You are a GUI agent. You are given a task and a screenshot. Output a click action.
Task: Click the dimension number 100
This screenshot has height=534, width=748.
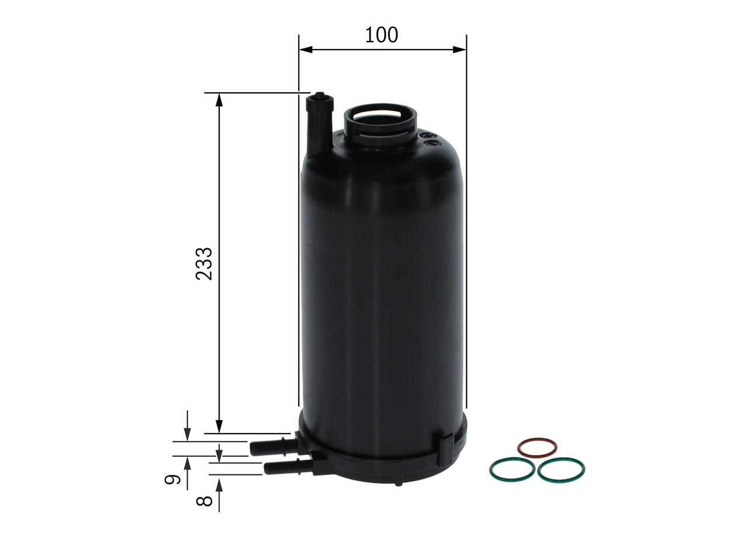(382, 35)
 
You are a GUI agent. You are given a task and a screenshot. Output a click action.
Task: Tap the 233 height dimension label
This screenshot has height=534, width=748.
(204, 263)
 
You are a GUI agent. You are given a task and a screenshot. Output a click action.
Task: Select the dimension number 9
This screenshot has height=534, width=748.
(171, 480)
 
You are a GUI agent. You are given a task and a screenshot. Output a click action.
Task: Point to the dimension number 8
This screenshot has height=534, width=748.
(203, 501)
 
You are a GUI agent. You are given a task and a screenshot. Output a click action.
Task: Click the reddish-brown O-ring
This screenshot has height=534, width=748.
(537, 448)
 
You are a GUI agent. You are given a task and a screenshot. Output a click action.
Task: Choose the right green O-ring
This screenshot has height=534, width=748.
(561, 470)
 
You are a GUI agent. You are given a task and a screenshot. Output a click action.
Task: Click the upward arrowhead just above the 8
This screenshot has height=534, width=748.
(220, 484)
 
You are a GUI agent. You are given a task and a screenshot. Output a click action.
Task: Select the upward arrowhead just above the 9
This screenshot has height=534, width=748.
(187, 463)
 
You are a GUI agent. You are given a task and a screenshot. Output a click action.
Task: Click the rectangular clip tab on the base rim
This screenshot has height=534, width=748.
(445, 448)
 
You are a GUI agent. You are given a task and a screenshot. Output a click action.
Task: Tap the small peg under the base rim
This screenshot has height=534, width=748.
(398, 483)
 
